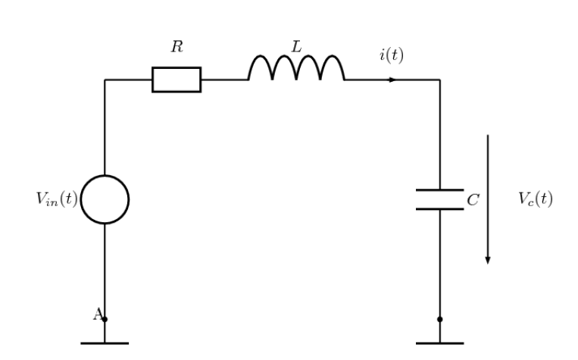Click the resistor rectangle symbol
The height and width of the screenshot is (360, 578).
coord(177,80)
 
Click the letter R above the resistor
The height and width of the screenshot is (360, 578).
coord(177,47)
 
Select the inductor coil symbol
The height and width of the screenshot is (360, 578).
coord(296,68)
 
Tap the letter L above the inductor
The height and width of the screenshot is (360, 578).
coord(296,47)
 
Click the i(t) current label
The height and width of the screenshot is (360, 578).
coord(391,55)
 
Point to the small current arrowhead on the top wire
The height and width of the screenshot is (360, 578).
coord(393,80)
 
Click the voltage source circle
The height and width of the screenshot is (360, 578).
coord(105,199)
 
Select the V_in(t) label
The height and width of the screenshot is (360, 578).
coord(57,199)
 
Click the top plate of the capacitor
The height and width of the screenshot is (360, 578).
coord(439,190)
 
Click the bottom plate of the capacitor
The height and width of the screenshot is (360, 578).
coord(439,208)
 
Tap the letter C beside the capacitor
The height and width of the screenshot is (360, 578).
coord(473,201)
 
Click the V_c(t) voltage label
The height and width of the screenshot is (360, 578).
coord(536,199)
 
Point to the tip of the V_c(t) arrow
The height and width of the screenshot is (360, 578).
coord(488,262)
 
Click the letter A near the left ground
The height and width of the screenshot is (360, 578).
coord(97,315)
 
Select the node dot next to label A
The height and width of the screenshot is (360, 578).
coord(105,319)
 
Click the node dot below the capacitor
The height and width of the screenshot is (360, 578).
coord(439,319)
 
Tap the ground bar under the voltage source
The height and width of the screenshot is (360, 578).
coord(105,343)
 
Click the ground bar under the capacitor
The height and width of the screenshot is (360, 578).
coord(439,343)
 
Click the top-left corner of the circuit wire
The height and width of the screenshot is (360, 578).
coord(105,80)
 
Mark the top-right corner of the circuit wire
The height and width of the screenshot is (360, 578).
coord(439,80)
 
